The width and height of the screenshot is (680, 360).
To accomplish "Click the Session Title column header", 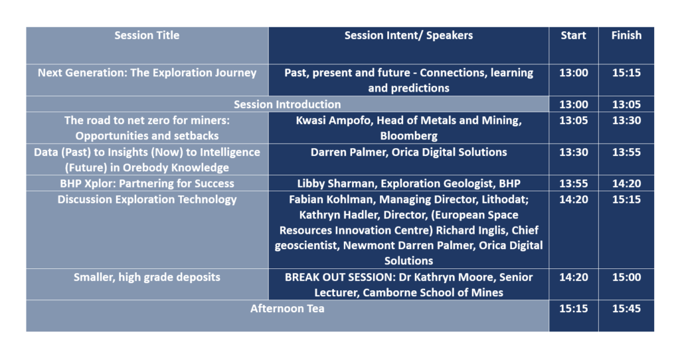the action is (x=147, y=36).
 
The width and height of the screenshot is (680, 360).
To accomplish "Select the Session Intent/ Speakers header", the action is (x=408, y=36).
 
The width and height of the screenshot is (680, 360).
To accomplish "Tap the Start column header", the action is (x=573, y=36).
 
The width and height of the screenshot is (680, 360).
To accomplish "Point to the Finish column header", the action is (x=626, y=36).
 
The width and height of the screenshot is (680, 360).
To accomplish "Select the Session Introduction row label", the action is (x=287, y=104).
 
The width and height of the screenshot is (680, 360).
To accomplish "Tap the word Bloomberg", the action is (x=408, y=135).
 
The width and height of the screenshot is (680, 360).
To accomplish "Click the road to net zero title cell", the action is (x=147, y=128).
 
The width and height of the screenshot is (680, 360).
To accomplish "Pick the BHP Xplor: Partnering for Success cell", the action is (x=147, y=183).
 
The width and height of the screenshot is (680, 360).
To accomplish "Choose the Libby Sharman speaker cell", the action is (x=408, y=183).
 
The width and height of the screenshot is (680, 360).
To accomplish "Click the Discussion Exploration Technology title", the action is (x=147, y=199).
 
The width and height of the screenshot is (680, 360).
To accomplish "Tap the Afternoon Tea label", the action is (x=287, y=309).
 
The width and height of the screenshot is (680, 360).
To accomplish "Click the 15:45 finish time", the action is (x=626, y=309).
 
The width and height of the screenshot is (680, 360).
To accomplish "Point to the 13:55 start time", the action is (x=573, y=183).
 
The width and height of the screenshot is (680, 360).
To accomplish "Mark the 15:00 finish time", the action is (x=626, y=277).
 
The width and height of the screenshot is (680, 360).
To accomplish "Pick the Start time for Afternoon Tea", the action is (x=573, y=309).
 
